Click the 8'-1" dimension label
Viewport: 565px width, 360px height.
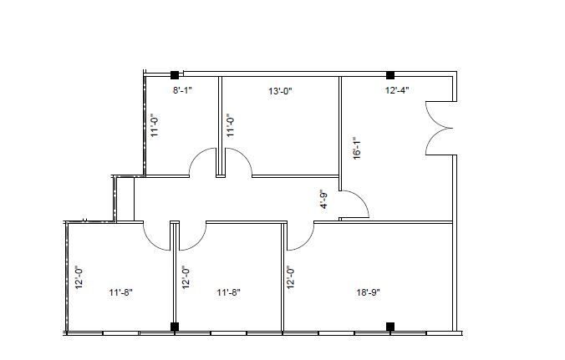[182, 90]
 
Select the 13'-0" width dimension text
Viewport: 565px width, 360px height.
[280, 90]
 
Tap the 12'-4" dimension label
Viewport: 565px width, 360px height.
[396, 90]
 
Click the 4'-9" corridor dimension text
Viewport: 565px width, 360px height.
[324, 200]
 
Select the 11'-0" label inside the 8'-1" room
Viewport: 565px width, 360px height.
[155, 126]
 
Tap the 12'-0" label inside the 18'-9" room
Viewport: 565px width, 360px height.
[291, 277]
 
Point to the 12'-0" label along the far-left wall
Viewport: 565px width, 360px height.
[77, 277]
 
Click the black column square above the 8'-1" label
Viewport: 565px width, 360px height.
[175, 75]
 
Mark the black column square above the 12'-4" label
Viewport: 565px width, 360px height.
[389, 75]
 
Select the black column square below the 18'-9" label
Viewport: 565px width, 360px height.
[389, 326]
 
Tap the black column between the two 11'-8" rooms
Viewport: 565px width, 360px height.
[175, 326]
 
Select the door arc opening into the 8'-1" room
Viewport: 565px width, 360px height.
[203, 162]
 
